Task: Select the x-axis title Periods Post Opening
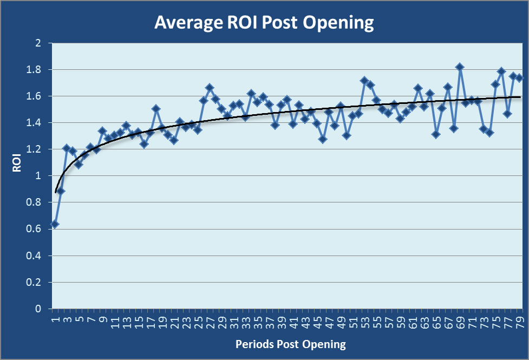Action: pyautogui.click(x=291, y=344)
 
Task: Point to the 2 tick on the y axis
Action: pyautogui.click(x=38, y=43)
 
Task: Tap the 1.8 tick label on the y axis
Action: pyautogui.click(x=35, y=70)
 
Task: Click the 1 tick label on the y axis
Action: pyautogui.click(x=38, y=176)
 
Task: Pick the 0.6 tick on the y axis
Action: pyautogui.click(x=35, y=229)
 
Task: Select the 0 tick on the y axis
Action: pyautogui.click(x=38, y=309)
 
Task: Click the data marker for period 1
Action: pyautogui.click(x=55, y=224)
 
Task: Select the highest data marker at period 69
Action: pyautogui.click(x=460, y=67)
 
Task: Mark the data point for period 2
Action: pyautogui.click(x=61, y=191)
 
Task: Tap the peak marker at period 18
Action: pyautogui.click(x=156, y=109)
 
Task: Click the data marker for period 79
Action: pyautogui.click(x=519, y=78)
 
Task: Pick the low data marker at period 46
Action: pyautogui.click(x=323, y=139)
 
